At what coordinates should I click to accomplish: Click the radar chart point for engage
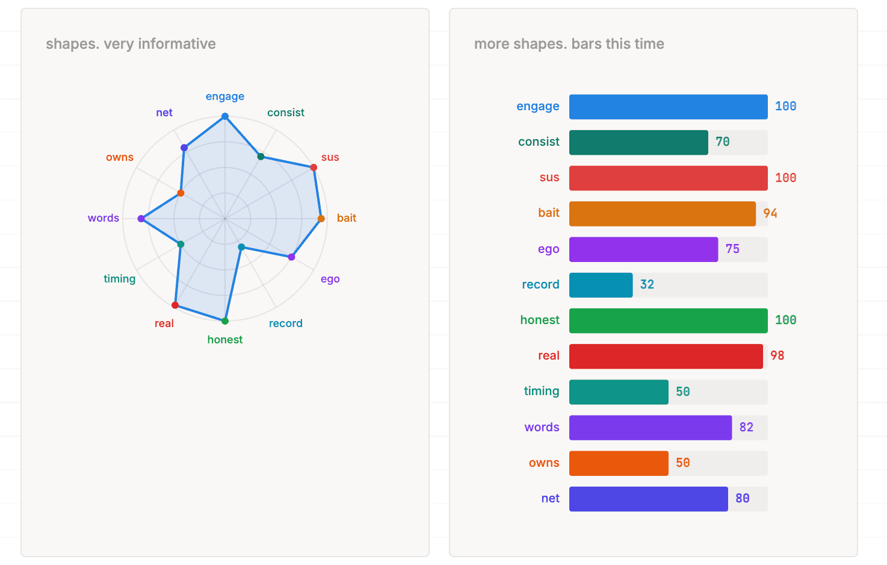tap(225, 116)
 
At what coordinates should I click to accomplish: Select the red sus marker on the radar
tap(314, 167)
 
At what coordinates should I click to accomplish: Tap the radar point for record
tap(241, 247)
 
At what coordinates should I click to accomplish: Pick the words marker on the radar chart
tap(141, 219)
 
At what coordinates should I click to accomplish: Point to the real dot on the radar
tap(175, 305)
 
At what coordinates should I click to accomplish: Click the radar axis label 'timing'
tap(119, 279)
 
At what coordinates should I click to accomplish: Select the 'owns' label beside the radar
tap(120, 157)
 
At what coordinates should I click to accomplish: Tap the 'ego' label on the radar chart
tap(330, 279)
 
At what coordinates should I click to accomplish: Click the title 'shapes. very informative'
tap(131, 44)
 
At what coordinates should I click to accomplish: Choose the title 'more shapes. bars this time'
tap(569, 44)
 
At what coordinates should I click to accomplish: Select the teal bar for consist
tap(638, 143)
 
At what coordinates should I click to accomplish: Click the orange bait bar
tap(662, 214)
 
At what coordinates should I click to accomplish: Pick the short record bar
tap(601, 285)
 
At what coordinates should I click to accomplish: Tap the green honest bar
tap(668, 320)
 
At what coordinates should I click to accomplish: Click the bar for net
tap(648, 499)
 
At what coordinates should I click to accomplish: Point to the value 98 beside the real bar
tap(777, 355)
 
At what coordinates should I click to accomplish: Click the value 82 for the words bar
tap(746, 427)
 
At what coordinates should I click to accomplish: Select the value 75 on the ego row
tap(732, 249)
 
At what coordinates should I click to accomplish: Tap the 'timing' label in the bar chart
tap(542, 392)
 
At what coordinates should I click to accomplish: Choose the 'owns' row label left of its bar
tap(544, 463)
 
